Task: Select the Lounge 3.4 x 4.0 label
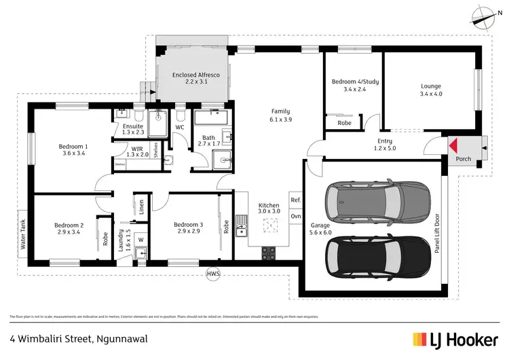pyautogui.click(x=431, y=90)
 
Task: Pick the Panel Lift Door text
pyautogui.click(x=436, y=231)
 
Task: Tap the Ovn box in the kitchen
pyautogui.click(x=296, y=216)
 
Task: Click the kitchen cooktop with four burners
pyautogui.click(x=269, y=252)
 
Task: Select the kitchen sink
pyautogui.click(x=241, y=225)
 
